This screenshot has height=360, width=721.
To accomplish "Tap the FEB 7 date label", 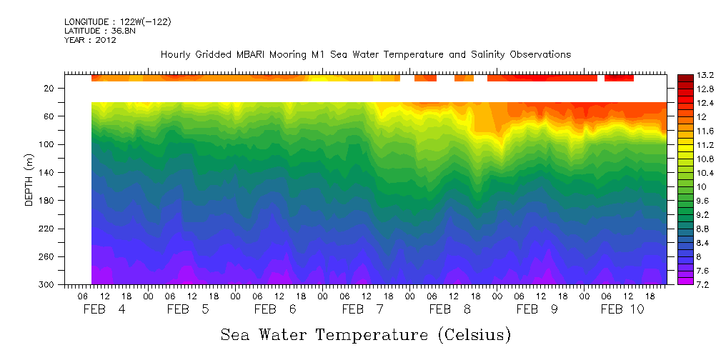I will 363,309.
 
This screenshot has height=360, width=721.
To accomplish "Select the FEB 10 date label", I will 622,309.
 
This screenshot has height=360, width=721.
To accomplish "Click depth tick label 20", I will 50,89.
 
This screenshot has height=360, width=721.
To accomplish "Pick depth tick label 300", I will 47,285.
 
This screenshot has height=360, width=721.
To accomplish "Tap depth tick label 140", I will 47,173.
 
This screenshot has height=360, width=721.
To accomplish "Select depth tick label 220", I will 47,229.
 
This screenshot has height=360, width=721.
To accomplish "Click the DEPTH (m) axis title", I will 29,182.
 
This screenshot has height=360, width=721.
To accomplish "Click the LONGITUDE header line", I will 118,22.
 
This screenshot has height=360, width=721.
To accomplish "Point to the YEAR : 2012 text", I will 90,40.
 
